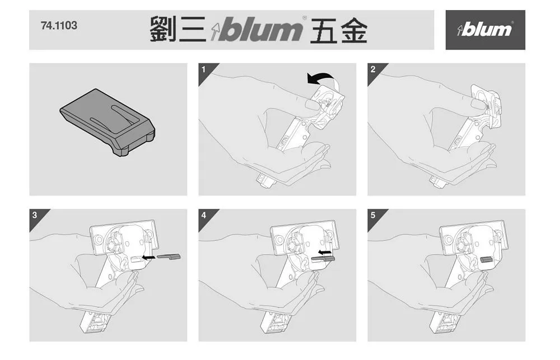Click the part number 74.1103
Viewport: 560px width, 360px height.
(59, 26)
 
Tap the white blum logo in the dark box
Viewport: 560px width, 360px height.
(485, 29)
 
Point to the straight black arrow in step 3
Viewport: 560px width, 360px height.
(149, 257)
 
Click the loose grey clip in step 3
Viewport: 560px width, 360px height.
(169, 257)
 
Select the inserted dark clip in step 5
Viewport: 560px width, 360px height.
(487, 259)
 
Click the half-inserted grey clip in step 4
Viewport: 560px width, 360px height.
(322, 259)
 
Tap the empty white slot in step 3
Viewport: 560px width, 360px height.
(136, 259)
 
